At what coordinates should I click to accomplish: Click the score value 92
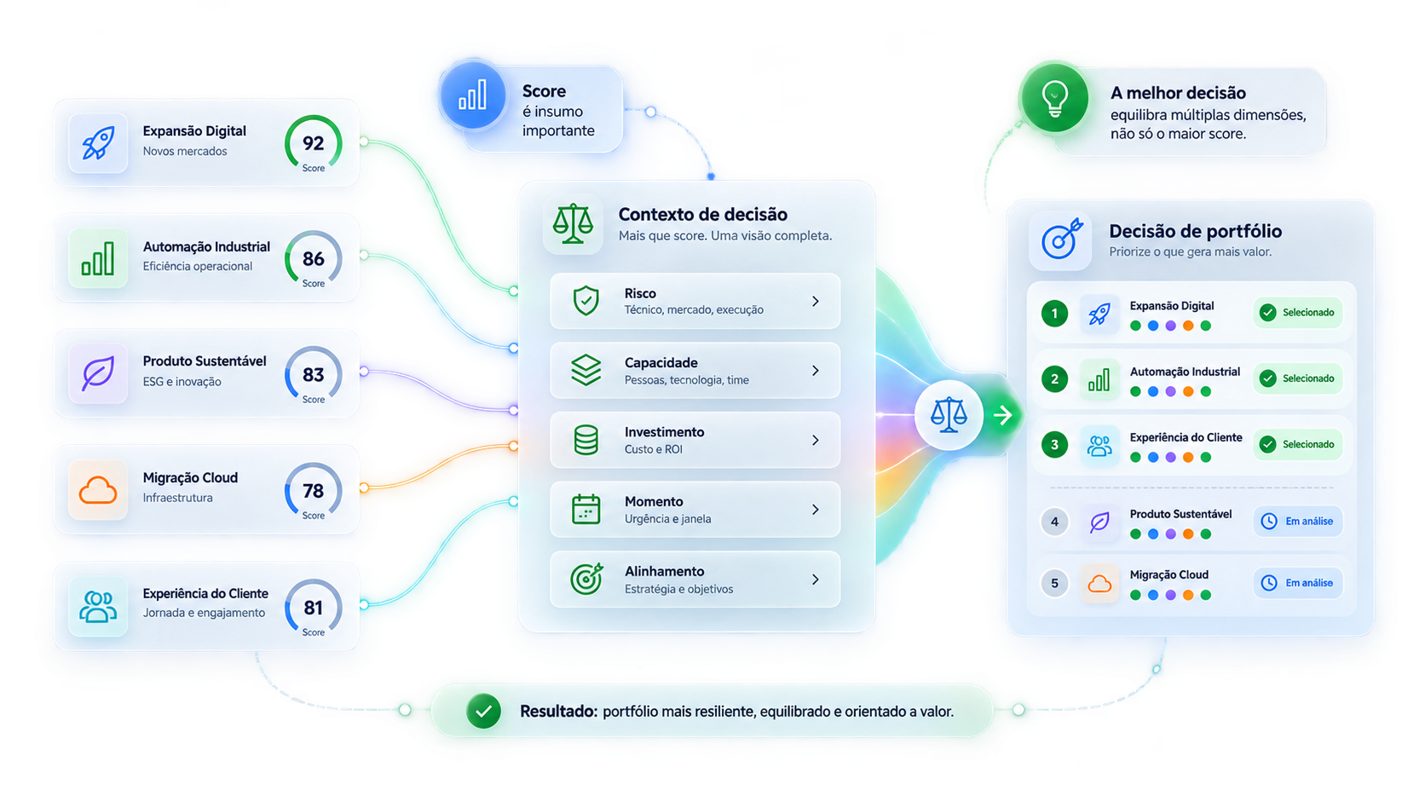pyautogui.click(x=313, y=143)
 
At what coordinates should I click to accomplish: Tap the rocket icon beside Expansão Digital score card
pyautogui.click(x=98, y=142)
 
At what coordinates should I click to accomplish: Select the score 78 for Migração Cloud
pyautogui.click(x=313, y=491)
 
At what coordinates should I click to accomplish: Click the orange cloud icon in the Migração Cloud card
pyautogui.click(x=98, y=490)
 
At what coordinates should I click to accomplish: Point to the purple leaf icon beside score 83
pyautogui.click(x=98, y=373)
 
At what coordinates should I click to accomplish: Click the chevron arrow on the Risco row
pyautogui.click(x=816, y=302)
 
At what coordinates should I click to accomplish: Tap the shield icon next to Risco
pyautogui.click(x=586, y=301)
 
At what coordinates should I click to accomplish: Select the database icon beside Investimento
pyautogui.click(x=586, y=440)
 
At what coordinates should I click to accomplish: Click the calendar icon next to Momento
pyautogui.click(x=586, y=510)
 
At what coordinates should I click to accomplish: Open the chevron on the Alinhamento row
pyautogui.click(x=816, y=580)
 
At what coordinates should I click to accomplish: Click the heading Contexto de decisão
pyautogui.click(x=703, y=214)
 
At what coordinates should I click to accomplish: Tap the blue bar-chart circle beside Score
pyautogui.click(x=473, y=95)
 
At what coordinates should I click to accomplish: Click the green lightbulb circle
pyautogui.click(x=1055, y=97)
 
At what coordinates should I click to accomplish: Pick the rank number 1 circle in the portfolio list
pyautogui.click(x=1055, y=314)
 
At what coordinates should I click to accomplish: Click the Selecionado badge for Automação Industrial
pyautogui.click(x=1298, y=378)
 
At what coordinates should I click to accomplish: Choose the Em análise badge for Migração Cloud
pyautogui.click(x=1298, y=583)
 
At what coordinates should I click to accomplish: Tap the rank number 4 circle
pyautogui.click(x=1055, y=522)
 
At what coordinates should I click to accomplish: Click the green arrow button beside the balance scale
pyautogui.click(x=1003, y=415)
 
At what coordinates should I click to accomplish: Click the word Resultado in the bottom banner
pyautogui.click(x=558, y=711)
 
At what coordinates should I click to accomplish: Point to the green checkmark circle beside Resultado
pyautogui.click(x=483, y=711)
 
